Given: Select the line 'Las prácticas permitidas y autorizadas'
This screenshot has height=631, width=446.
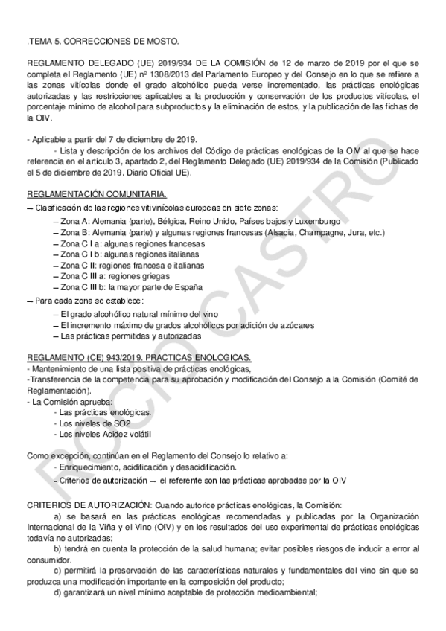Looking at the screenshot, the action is (128, 336).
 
